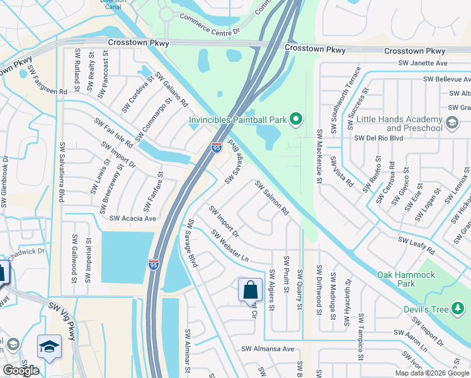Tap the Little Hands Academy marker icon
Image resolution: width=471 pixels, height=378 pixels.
pyautogui.click(x=451, y=123)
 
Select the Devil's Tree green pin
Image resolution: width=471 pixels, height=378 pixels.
pyautogui.click(x=458, y=309)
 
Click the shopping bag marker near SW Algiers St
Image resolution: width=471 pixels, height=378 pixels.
pyautogui.click(x=250, y=290)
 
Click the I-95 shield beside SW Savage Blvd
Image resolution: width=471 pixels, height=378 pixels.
pyautogui.click(x=216, y=147)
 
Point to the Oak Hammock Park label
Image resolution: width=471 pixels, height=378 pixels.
pyautogui.click(x=406, y=279)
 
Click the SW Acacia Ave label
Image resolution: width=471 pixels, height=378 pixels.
pyautogui.click(x=133, y=219)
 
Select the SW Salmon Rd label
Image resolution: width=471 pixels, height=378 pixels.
pyautogui.click(x=271, y=198)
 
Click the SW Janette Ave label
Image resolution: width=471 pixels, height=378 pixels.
pyautogui.click(x=423, y=63)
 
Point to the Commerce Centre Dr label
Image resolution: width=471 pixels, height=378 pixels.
pyautogui.click(x=210, y=25)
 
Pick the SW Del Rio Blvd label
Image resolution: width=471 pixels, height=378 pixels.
pyautogui.click(x=378, y=138)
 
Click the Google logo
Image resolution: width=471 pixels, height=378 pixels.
pyautogui.click(x=21, y=370)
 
